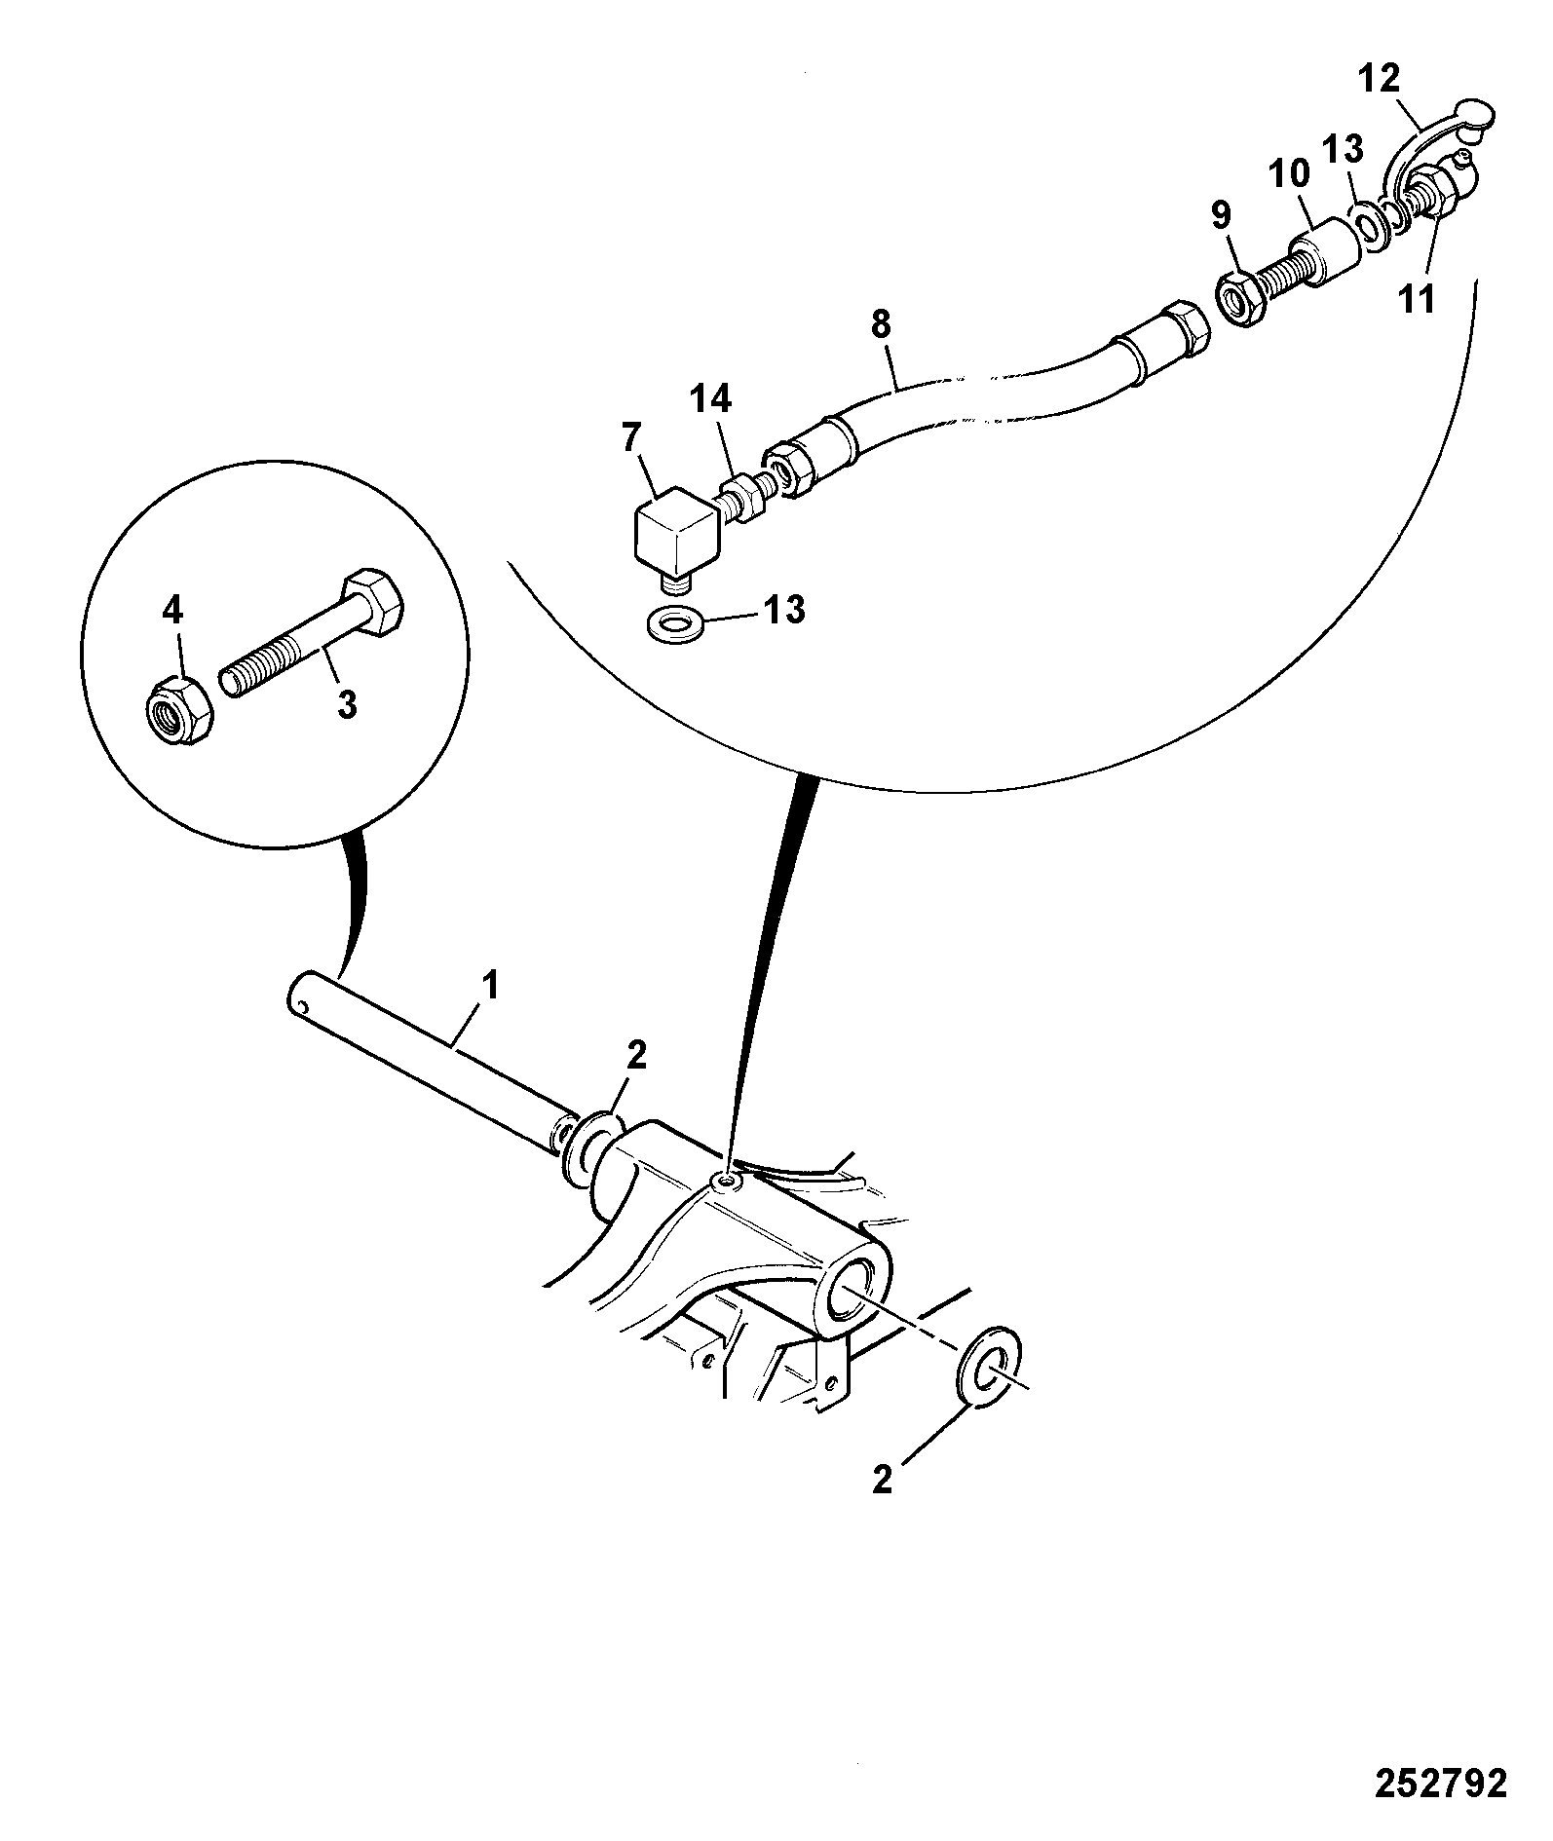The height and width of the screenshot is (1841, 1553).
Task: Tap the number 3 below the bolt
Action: [x=347, y=703]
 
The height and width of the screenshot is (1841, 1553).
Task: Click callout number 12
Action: [x=1379, y=76]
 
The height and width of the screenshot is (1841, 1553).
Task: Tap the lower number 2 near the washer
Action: [x=884, y=1507]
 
